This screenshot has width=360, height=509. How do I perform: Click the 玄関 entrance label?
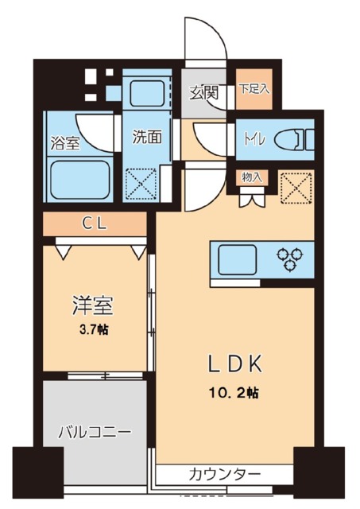(203, 91)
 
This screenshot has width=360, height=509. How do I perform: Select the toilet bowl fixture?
(293, 142)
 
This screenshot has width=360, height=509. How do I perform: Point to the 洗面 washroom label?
(146, 136)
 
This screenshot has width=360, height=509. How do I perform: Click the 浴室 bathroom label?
(64, 146)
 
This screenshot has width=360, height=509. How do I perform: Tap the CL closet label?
(95, 223)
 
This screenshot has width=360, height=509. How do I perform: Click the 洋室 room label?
(93, 305)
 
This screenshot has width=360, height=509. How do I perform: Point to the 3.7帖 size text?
(93, 328)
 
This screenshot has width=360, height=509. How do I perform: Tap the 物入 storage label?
(250, 177)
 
